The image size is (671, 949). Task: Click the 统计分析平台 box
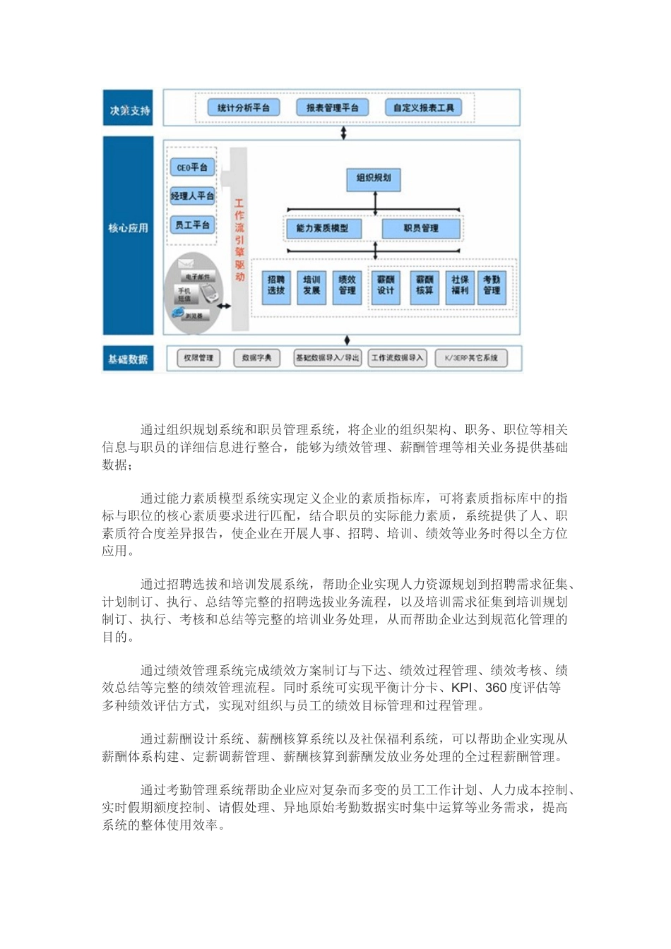pos(243,108)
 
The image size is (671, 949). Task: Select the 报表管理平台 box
pos(332,108)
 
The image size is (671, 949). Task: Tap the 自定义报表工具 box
pos(424,108)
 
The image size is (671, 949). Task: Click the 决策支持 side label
pos(129,109)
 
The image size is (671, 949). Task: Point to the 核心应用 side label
pos(129,228)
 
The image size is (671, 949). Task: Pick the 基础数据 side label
pos(129,359)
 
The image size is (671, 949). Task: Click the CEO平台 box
pos(192,168)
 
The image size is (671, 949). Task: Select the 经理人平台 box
pos(192,196)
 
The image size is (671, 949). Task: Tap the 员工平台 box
pos(192,225)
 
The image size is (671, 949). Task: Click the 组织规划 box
pos(374,179)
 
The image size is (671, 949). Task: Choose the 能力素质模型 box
pos(322,229)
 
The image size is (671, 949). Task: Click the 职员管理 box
pos(421,229)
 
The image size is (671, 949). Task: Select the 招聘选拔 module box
pos(276,285)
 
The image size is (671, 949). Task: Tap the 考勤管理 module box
pos(492,285)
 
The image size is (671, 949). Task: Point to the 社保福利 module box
pos(460,285)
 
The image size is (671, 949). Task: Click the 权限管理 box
pos(198,358)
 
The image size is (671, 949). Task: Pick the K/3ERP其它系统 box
pos(471,358)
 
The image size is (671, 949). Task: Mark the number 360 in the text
pos(497,688)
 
